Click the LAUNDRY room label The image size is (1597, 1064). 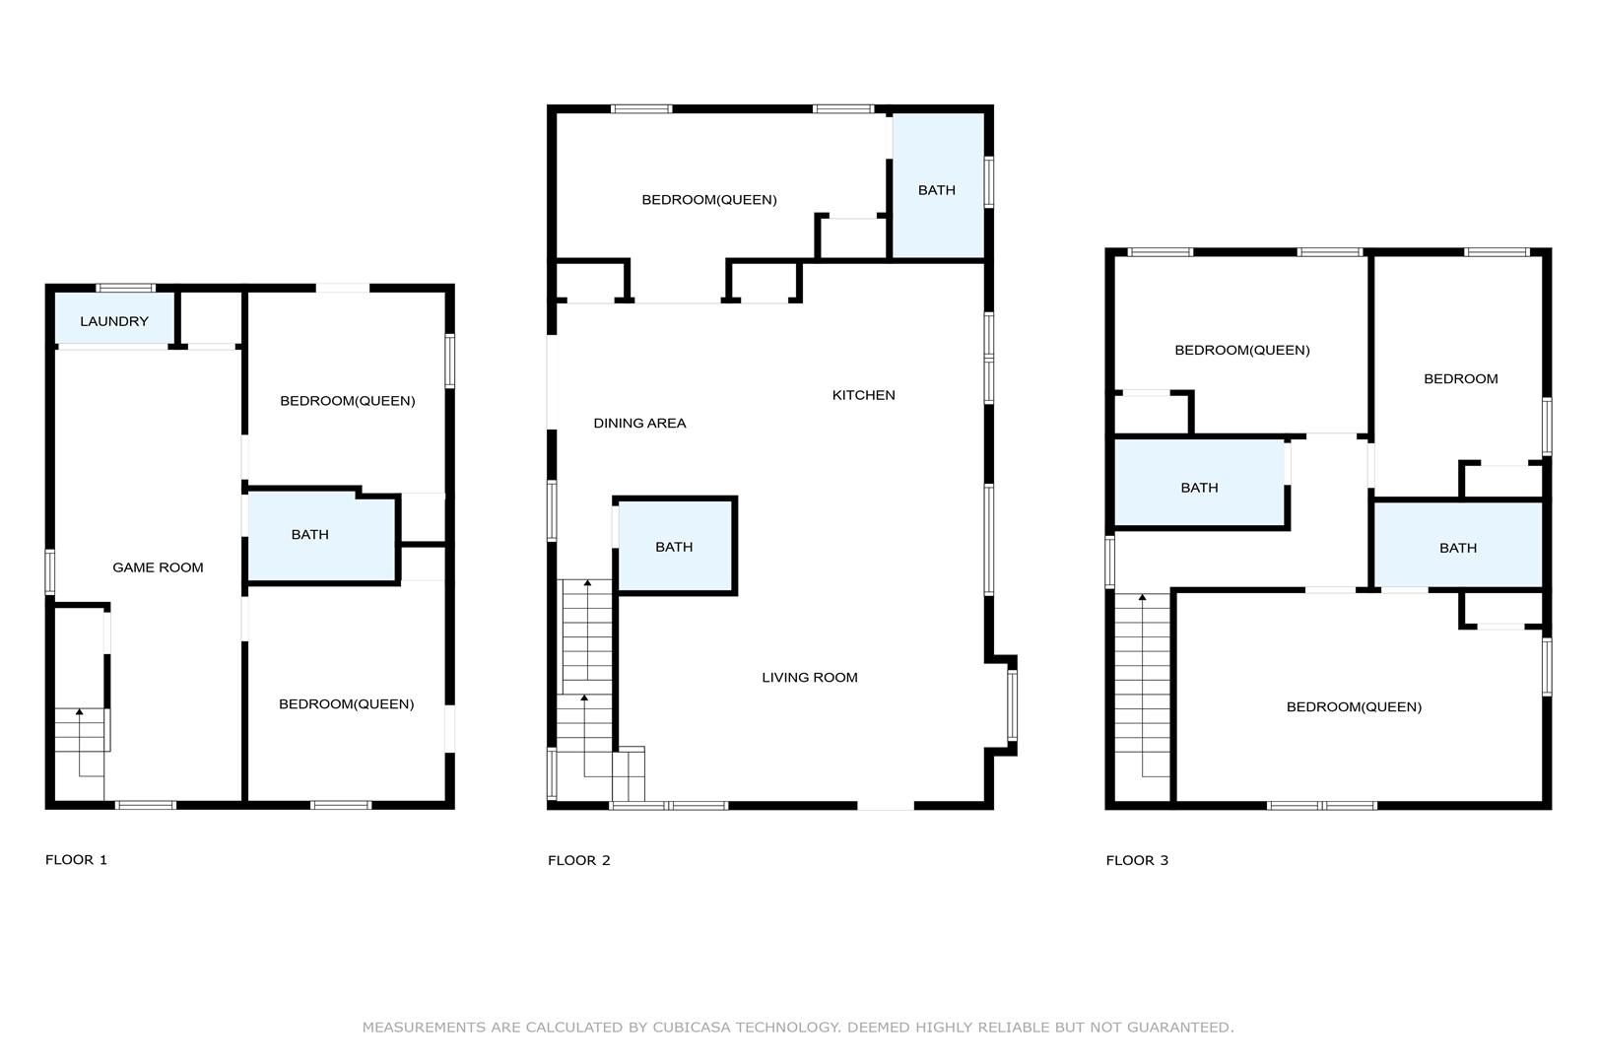click(x=114, y=321)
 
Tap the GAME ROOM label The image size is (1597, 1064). click(x=158, y=567)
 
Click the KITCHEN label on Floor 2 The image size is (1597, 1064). click(x=863, y=395)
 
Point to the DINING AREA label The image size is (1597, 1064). click(x=639, y=424)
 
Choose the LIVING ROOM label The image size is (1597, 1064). click(x=809, y=678)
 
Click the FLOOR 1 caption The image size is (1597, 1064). click(x=76, y=860)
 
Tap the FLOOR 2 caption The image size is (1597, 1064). click(x=579, y=861)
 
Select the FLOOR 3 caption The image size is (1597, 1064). click(x=1137, y=861)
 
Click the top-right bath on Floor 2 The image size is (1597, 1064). click(x=938, y=185)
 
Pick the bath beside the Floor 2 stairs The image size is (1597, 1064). click(x=675, y=546)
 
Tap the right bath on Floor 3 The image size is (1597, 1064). click(x=1458, y=546)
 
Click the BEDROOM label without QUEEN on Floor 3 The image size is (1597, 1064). click(x=1461, y=379)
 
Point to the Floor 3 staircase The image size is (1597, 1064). click(x=1142, y=685)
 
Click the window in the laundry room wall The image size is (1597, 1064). click(x=125, y=288)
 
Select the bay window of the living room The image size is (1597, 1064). click(x=1012, y=705)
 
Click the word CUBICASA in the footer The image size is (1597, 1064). click(x=692, y=1028)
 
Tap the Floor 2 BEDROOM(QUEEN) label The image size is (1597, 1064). click(x=709, y=200)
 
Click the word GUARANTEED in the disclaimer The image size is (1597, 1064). click(x=1180, y=1028)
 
